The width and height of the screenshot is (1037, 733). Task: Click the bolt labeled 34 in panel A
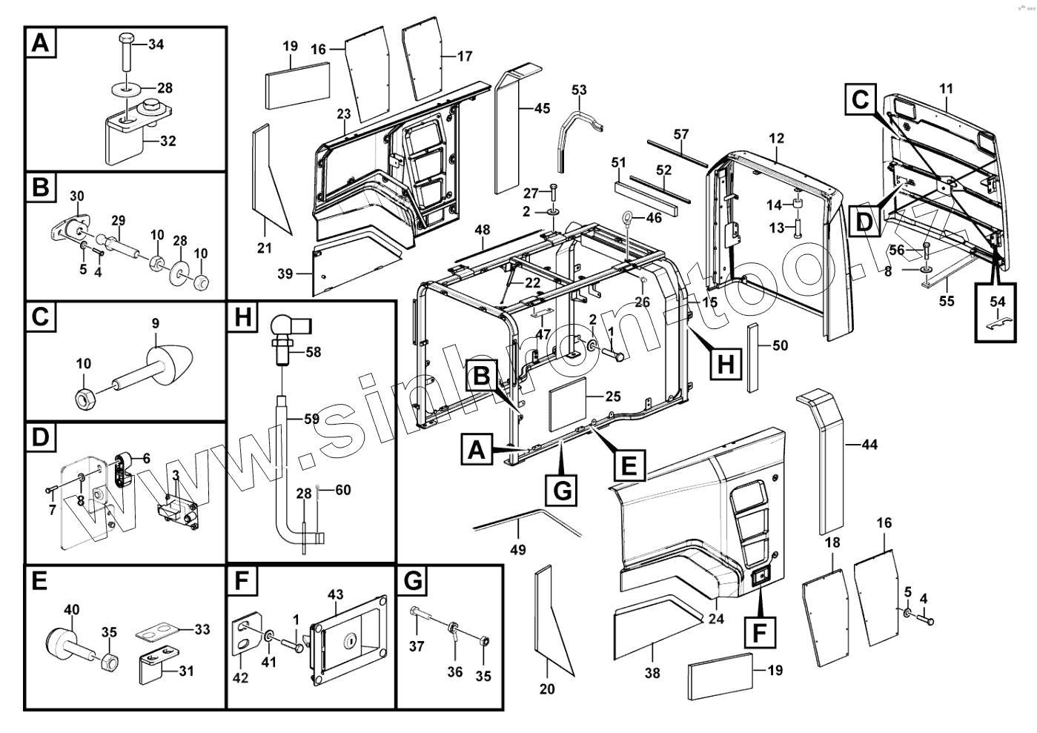(x=127, y=52)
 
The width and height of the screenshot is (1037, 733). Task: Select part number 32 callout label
(x=168, y=141)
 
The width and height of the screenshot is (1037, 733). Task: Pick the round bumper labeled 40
(x=59, y=640)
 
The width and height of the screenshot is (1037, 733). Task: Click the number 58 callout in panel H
(x=314, y=352)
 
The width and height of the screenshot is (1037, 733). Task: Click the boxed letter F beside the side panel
(x=760, y=632)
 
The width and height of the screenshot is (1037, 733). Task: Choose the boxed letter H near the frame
(x=726, y=363)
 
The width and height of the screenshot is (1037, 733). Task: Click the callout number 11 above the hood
(x=947, y=88)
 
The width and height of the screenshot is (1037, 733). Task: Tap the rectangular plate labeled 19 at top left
(x=298, y=86)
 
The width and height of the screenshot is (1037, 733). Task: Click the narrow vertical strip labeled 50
(x=753, y=357)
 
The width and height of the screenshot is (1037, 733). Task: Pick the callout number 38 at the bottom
(x=652, y=672)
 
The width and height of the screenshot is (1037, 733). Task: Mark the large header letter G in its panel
(x=413, y=580)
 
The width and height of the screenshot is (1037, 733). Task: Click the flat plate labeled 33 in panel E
(x=157, y=633)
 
